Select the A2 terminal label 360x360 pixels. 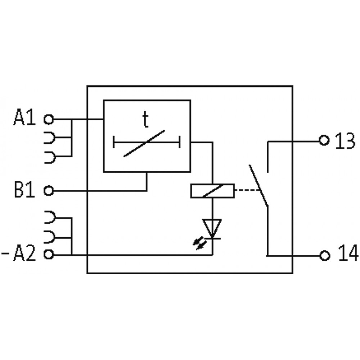24,255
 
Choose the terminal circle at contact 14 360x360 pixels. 324,255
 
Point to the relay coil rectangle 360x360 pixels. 212,191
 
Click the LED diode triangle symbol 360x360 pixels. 212,228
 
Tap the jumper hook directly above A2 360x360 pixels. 50,237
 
